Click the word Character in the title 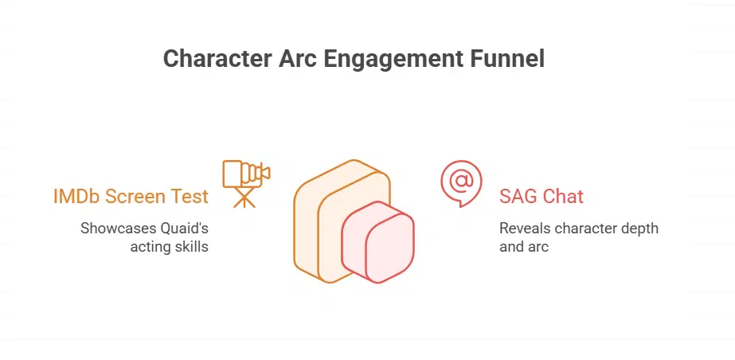click(x=217, y=59)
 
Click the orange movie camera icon click(x=246, y=184)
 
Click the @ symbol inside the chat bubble click(x=462, y=181)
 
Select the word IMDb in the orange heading click(x=76, y=196)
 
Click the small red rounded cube click(x=377, y=242)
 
